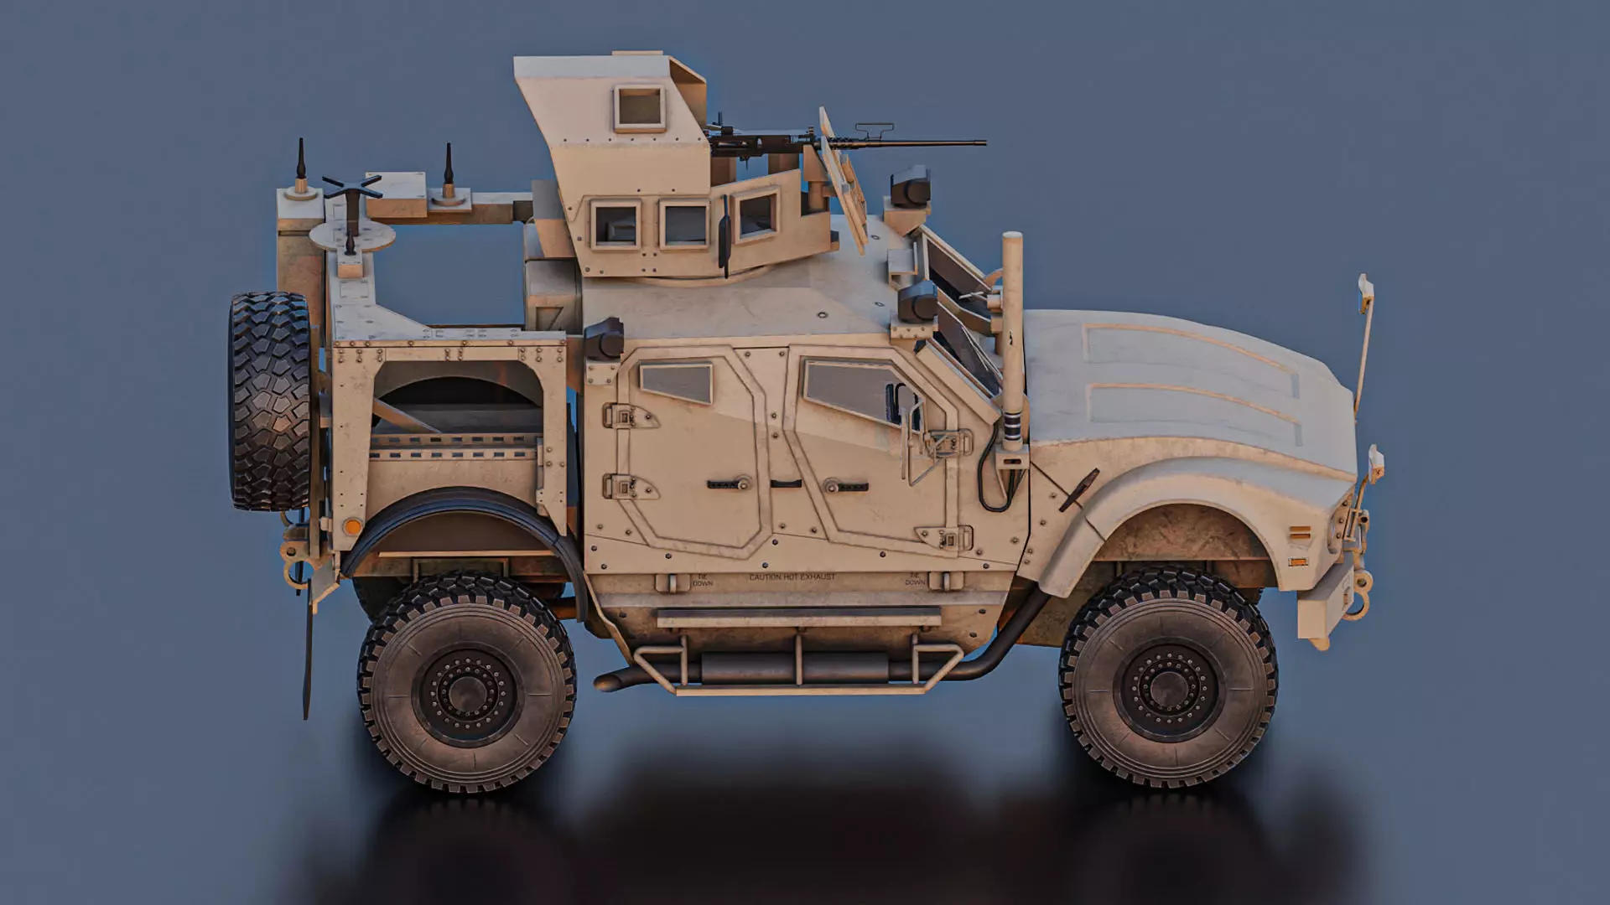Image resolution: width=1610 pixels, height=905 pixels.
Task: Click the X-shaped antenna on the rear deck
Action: click(351, 188)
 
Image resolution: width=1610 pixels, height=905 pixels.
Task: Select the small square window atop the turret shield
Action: click(640, 108)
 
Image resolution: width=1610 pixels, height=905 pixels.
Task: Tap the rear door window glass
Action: click(676, 383)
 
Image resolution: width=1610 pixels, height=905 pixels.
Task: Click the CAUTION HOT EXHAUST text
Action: click(792, 577)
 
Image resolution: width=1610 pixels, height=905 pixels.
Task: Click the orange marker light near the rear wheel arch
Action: click(353, 527)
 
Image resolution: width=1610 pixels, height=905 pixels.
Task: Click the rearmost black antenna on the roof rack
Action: click(301, 163)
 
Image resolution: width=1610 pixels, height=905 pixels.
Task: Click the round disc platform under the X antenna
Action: click(352, 237)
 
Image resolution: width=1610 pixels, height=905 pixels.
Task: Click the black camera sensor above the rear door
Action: click(604, 339)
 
